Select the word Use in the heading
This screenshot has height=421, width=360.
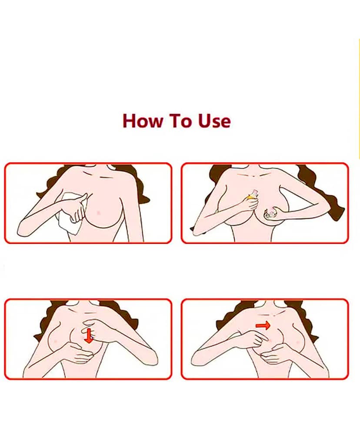(214, 121)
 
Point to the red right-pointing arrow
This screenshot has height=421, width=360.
(263, 325)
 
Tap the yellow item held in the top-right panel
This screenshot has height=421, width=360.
(251, 198)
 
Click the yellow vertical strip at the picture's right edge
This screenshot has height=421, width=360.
(359, 99)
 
